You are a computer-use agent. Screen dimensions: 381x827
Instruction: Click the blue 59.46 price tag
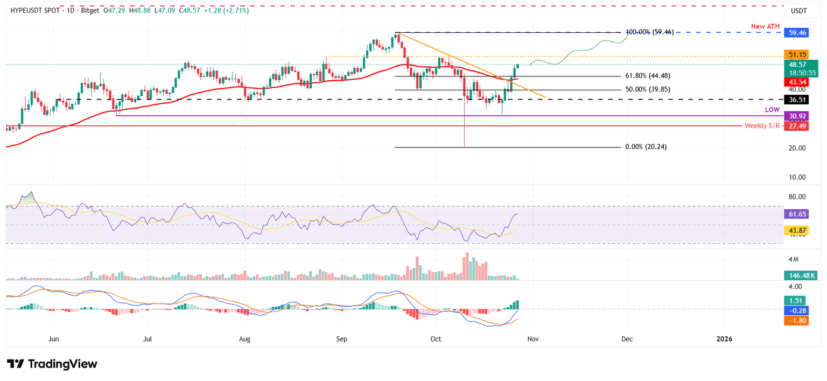click(x=797, y=32)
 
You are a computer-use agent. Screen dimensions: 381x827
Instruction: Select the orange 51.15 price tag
click(x=797, y=55)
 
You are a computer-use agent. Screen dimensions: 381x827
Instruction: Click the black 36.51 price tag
click(x=797, y=100)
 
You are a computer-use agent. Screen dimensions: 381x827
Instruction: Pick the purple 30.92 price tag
click(x=797, y=116)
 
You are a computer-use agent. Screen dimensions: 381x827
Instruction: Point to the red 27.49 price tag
click(x=797, y=125)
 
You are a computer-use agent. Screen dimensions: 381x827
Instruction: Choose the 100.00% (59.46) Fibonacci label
click(x=649, y=32)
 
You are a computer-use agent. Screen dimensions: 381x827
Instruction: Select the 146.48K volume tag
click(x=800, y=276)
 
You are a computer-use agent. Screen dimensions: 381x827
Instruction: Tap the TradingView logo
click(x=52, y=364)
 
